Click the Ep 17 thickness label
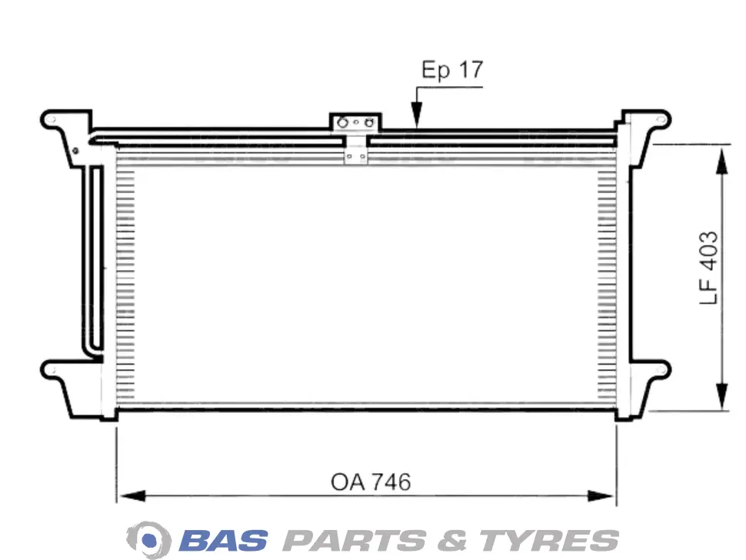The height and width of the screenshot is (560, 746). point(452,70)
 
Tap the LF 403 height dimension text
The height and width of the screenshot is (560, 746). point(708,268)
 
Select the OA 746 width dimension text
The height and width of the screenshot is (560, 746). point(371,482)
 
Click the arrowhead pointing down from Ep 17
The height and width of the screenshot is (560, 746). point(417,115)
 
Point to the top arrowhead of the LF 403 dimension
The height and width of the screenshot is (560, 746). point(722,162)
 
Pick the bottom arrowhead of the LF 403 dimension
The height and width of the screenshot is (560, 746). point(722,395)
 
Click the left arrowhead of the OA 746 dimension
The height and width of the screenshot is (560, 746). point(132,496)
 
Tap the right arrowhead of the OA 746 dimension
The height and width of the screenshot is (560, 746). point(601,496)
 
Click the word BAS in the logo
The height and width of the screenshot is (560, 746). point(224,541)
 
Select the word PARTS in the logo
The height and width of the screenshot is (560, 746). point(355,541)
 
